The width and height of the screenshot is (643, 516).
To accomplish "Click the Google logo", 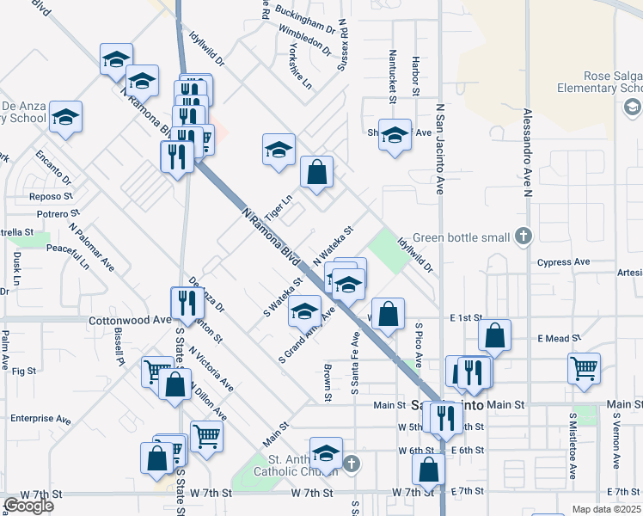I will [x=28, y=506].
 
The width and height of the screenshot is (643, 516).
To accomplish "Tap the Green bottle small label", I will [x=462, y=238].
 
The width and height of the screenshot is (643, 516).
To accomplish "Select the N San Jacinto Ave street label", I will [x=439, y=150].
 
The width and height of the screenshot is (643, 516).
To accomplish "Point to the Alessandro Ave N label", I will [x=527, y=155].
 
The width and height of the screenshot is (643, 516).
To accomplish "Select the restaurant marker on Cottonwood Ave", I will [x=184, y=303].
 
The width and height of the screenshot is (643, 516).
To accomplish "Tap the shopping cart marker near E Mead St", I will [x=584, y=367].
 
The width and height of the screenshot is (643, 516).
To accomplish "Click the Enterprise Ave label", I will [x=41, y=418].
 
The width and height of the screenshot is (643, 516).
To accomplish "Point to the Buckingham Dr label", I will [x=304, y=17].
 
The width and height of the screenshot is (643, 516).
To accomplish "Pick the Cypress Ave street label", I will [x=563, y=262].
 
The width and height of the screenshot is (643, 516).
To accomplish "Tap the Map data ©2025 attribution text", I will [x=606, y=509].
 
